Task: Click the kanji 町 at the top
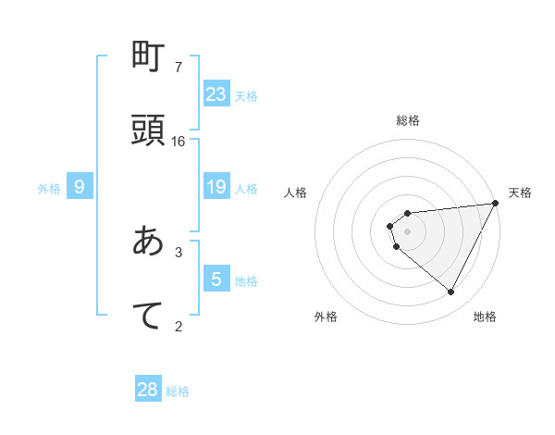pos(148,59)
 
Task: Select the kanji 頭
pos(148,130)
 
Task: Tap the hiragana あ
pos(148,242)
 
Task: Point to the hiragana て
pos(148,315)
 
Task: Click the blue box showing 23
pos(216,94)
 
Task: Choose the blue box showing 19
pos(216,187)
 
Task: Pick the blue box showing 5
pos(216,280)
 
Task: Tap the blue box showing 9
pos(80,187)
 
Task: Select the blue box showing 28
pos(148,390)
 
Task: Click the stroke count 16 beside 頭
pos(179,142)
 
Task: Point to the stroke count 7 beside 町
pos(179,68)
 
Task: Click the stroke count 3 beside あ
pos(179,252)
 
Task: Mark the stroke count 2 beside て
pos(179,325)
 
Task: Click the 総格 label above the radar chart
pos(408,120)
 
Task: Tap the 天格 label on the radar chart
pos(520,193)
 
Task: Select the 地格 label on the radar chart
pos(485,317)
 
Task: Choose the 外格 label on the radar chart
pos(326,317)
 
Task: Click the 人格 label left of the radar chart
pos(296,193)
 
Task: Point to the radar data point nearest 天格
pos(496,204)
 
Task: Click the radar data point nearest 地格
pos(451,292)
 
